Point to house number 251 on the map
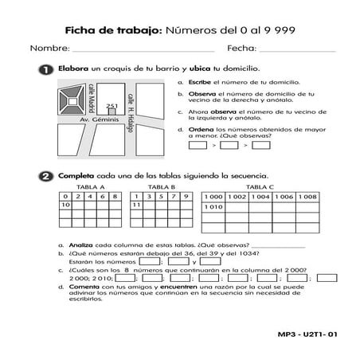tap(112, 107)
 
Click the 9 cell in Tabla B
tap(185, 196)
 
